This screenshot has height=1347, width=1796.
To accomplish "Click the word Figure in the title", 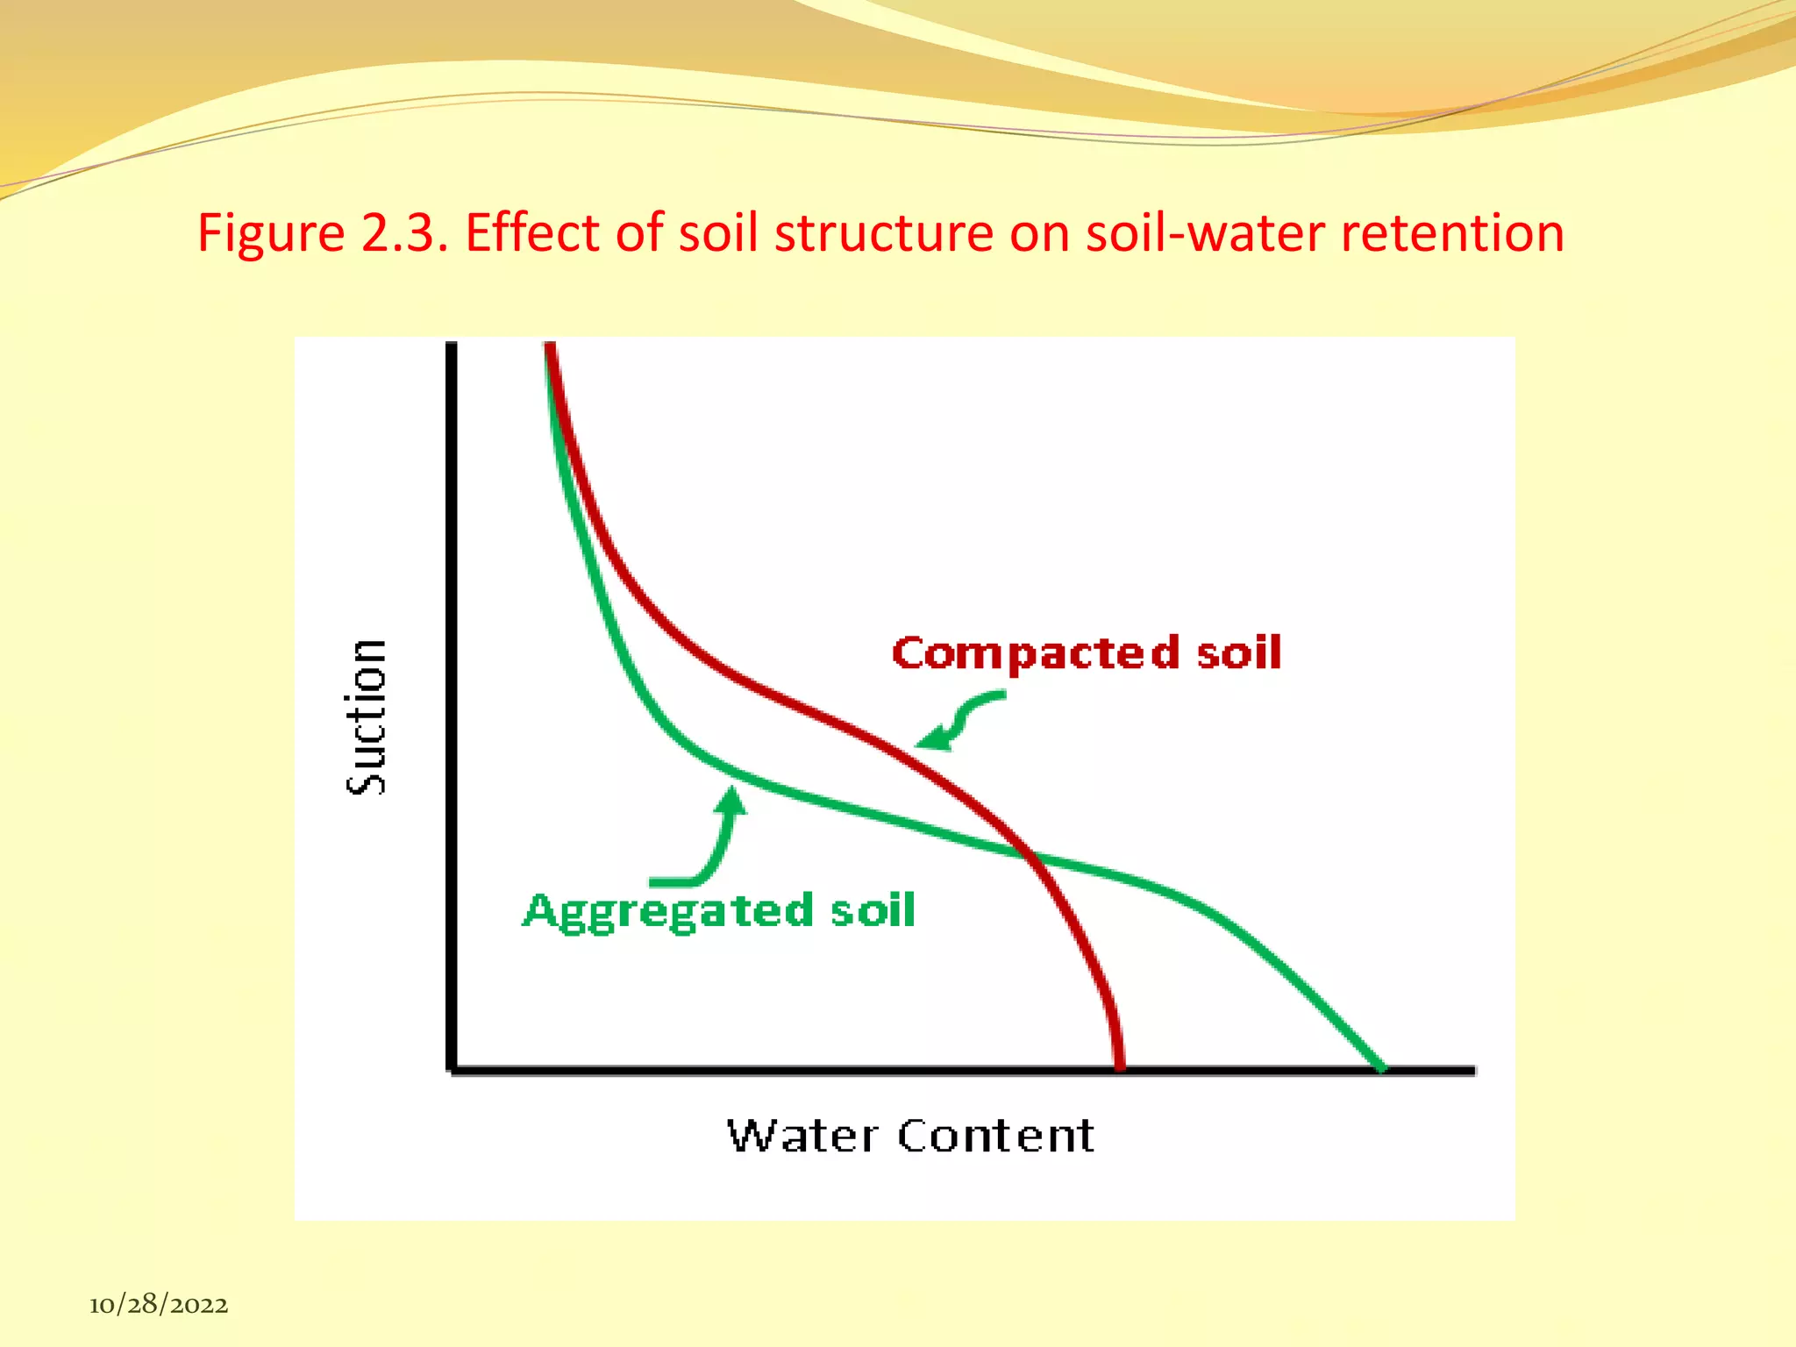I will click(x=271, y=234).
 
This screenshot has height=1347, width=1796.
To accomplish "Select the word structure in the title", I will click(x=884, y=233).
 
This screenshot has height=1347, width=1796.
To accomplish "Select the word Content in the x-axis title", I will click(x=996, y=1136).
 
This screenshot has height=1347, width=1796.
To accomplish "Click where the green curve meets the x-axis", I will click(x=1381, y=1067).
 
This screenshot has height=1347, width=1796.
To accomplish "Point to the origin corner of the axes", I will click(x=453, y=1069).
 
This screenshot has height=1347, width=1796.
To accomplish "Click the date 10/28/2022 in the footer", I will click(x=159, y=1305).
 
